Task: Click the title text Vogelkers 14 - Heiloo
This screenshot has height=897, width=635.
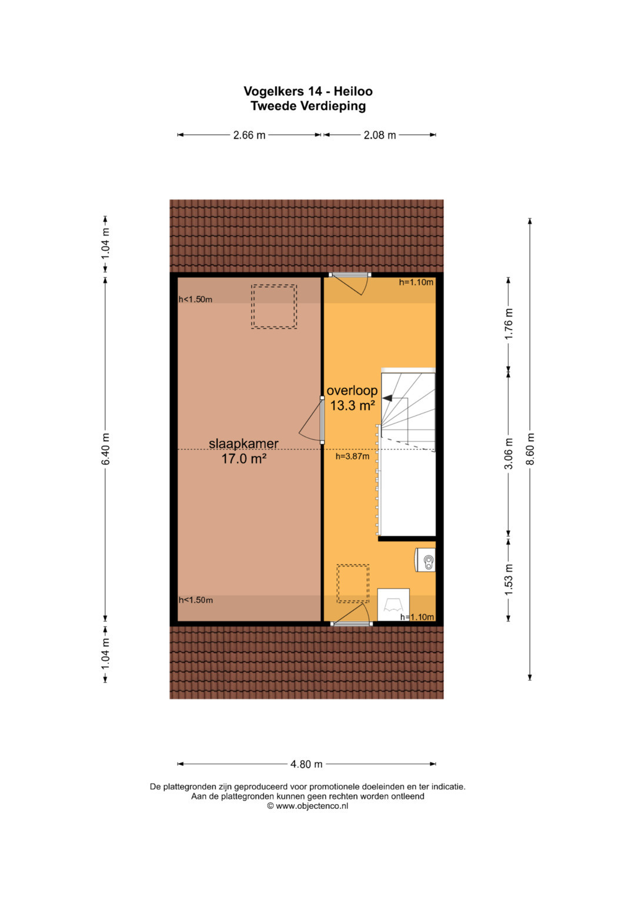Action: [x=308, y=92]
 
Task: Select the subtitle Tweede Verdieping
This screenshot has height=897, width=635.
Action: [x=308, y=106]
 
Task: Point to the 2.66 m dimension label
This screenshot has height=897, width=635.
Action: [x=249, y=135]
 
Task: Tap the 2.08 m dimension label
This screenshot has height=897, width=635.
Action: [x=380, y=135]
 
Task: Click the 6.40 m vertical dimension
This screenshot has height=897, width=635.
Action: [x=105, y=449]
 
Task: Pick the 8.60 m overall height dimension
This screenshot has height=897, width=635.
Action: [x=530, y=449]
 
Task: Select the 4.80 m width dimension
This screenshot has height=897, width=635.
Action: [x=306, y=764]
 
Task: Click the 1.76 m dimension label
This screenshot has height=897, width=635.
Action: [x=509, y=324]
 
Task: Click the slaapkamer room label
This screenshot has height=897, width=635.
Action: [x=244, y=444]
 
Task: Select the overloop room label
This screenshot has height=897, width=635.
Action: [x=352, y=390]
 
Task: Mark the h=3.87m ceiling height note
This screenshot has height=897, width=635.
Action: [x=352, y=456]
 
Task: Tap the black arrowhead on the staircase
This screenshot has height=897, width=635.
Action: [x=387, y=398]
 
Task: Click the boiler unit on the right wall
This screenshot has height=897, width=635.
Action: [x=425, y=559]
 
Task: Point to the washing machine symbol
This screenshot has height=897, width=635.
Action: [x=393, y=604]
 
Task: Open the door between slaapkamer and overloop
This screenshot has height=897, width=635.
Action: [x=322, y=420]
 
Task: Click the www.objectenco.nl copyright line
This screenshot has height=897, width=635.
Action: [x=308, y=806]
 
